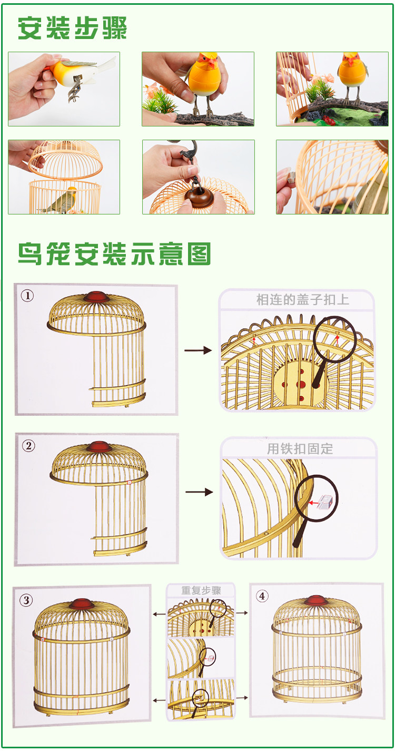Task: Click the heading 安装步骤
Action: pos(72,28)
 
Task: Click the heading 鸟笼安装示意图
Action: pos(114,254)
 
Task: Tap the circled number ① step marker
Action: pos(27,295)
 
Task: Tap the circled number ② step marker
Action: pos(28,445)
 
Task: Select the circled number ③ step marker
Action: pos(26,600)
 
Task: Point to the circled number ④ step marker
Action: pos(262,596)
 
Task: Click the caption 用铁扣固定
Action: pos(300,449)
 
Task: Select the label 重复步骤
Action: pos(201,590)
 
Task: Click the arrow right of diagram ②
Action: pos(199,492)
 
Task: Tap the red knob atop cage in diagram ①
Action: pos(96,296)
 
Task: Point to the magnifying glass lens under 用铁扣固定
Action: pos(317,498)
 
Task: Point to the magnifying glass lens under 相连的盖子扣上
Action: pos(335,339)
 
